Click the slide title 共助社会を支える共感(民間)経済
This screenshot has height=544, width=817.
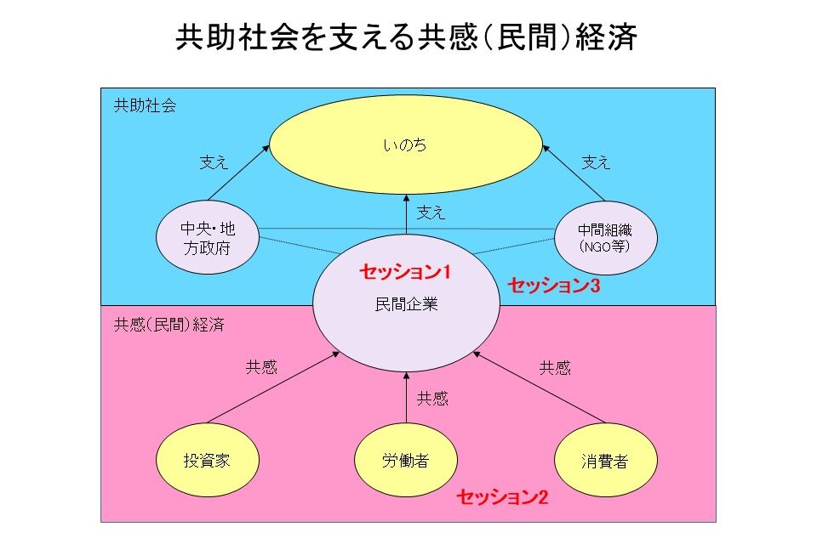(407, 37)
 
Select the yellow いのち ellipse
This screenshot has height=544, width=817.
(405, 145)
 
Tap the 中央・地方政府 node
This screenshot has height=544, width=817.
(208, 238)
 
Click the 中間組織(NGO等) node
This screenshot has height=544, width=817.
(605, 238)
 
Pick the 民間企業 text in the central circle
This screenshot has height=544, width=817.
(406, 303)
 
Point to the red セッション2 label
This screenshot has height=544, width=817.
(502, 497)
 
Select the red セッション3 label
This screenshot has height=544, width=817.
(554, 286)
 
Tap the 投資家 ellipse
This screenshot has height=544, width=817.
(208, 461)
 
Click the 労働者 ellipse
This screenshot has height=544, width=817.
(405, 461)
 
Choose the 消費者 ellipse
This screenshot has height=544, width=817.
(605, 461)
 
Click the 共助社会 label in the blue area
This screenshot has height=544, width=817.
(145, 106)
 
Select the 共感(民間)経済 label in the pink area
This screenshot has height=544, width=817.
(161, 324)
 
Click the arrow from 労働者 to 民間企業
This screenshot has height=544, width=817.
(406, 399)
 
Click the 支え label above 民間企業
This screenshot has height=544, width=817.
(431, 212)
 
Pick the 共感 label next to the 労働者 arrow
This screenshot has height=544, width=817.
(432, 398)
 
